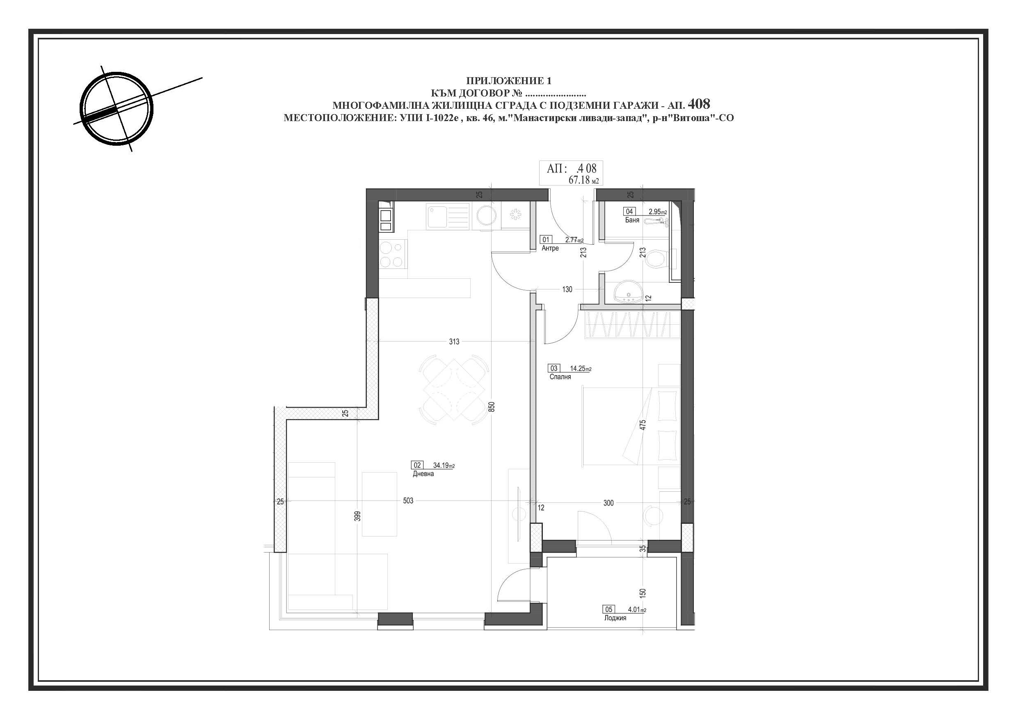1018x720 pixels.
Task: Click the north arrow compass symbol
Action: click(x=119, y=108)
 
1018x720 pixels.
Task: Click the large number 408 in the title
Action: click(x=699, y=104)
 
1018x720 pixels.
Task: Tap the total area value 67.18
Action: click(x=579, y=180)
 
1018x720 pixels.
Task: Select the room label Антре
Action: click(x=550, y=248)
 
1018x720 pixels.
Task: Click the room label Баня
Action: click(x=632, y=220)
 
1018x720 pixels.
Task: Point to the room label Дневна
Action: click(x=423, y=474)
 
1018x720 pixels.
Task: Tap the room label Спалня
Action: click(x=560, y=377)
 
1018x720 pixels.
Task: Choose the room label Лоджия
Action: click(x=615, y=618)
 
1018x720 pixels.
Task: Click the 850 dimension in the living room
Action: click(x=491, y=407)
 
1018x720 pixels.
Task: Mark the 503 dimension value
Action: click(x=408, y=501)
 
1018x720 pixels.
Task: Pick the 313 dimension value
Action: click(x=454, y=342)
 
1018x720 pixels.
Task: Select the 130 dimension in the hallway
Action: click(x=567, y=290)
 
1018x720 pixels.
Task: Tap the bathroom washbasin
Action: click(x=628, y=293)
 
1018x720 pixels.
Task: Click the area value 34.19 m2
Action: click(x=444, y=466)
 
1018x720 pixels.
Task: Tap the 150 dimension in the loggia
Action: click(x=643, y=593)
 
